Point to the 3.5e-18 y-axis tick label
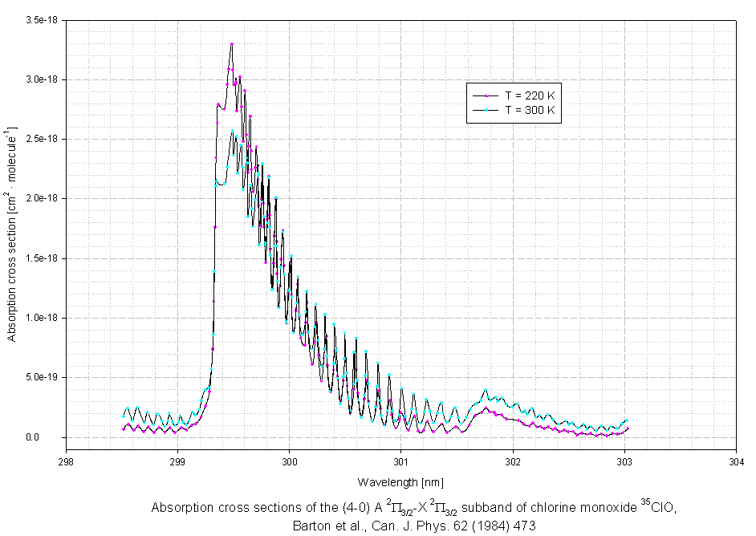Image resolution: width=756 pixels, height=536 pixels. pyautogui.click(x=41, y=19)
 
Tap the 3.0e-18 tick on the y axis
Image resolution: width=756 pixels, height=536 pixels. pyautogui.click(x=41, y=79)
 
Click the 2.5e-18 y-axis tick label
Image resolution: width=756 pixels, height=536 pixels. pyautogui.click(x=41, y=139)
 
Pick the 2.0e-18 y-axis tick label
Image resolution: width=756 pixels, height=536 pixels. pyautogui.click(x=41, y=198)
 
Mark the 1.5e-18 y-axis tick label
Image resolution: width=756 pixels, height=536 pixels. pyautogui.click(x=41, y=258)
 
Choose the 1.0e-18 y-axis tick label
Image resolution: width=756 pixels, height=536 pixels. pyautogui.click(x=41, y=318)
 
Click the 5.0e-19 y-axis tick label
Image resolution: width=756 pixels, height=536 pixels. pyautogui.click(x=41, y=377)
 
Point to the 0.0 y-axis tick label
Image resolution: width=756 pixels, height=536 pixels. pyautogui.click(x=51, y=437)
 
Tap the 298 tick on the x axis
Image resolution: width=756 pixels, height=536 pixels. pyautogui.click(x=67, y=461)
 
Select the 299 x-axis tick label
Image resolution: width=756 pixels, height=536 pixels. pyautogui.click(x=178, y=461)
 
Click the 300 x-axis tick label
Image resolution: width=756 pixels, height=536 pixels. pyautogui.click(x=290, y=461)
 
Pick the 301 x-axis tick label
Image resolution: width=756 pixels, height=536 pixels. pyautogui.click(x=401, y=461)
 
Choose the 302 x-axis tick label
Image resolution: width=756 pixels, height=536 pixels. pyautogui.click(x=513, y=461)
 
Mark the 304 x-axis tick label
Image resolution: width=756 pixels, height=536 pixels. pyautogui.click(x=736, y=461)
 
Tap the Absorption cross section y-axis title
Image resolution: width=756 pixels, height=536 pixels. pyautogui.click(x=12, y=233)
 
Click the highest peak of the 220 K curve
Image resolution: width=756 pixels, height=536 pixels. pyautogui.click(x=232, y=44)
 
